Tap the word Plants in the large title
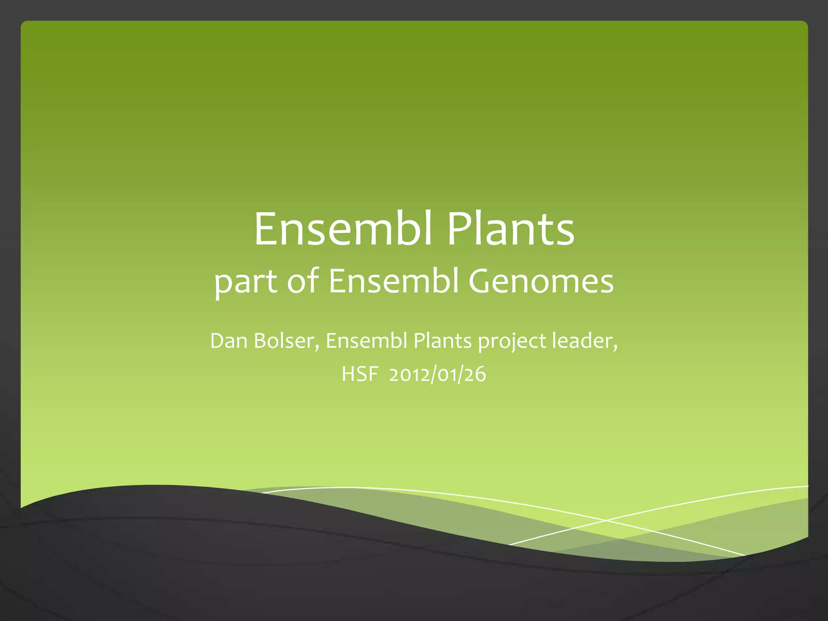[511, 229]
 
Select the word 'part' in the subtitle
[245, 282]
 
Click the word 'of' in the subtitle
[303, 281]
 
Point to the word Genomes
[541, 281]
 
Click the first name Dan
[228, 341]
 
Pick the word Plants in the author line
[442, 341]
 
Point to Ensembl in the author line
[366, 341]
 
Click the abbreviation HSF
[359, 374]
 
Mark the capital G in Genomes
[479, 281]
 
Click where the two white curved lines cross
[605, 520]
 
